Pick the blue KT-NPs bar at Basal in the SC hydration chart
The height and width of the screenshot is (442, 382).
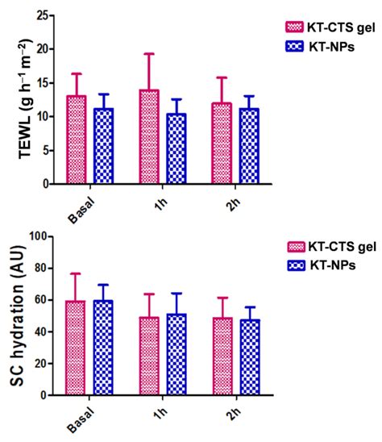[102, 348]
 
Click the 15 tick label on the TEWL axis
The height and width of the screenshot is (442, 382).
[45, 82]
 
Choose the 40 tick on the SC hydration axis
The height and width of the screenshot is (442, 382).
[45, 332]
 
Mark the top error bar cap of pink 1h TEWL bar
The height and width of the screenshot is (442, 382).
[149, 54]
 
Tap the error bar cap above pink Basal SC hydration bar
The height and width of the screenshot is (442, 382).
[76, 273]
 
